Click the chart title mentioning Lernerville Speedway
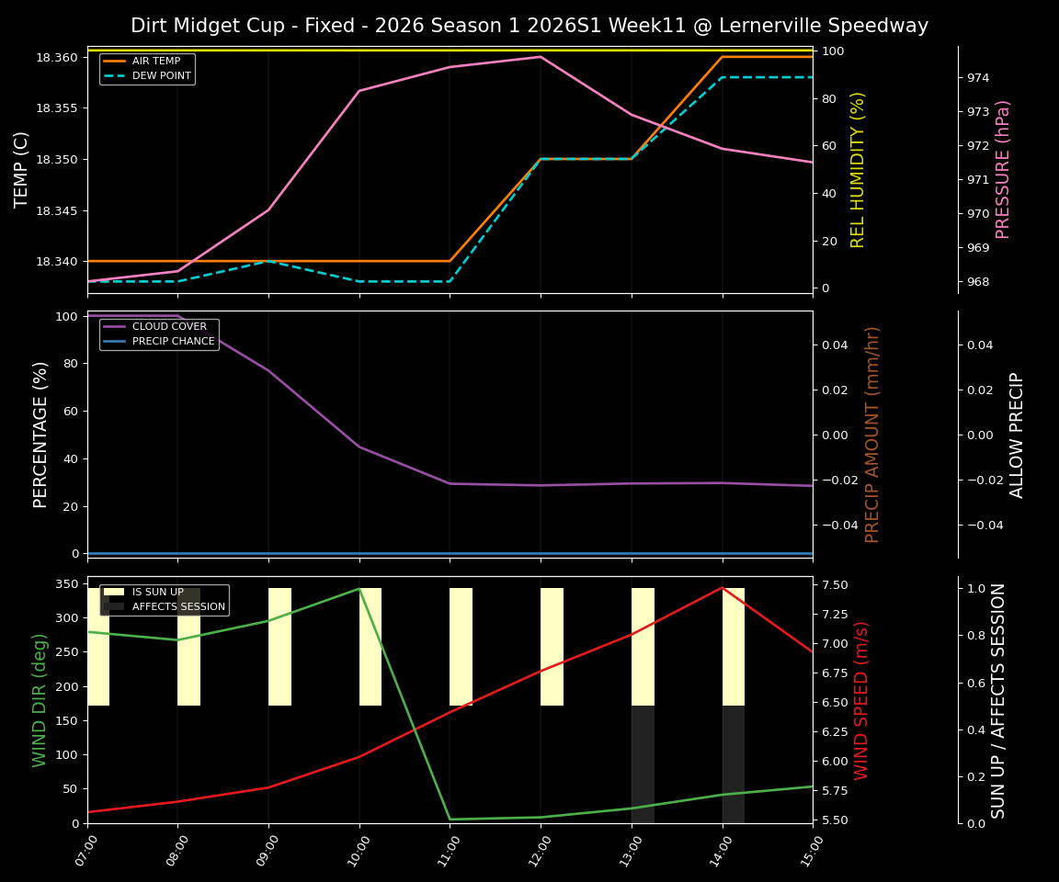[x=529, y=26]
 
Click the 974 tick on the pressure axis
[x=977, y=78]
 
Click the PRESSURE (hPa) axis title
[x=1003, y=169]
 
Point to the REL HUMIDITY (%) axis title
[x=859, y=169]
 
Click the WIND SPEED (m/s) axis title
[x=861, y=700]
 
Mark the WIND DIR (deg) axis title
[x=40, y=700]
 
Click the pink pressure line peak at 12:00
[x=541, y=57]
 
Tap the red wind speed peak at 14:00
[x=723, y=587]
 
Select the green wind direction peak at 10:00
[x=359, y=589]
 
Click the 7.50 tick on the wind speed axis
[x=834, y=585]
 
